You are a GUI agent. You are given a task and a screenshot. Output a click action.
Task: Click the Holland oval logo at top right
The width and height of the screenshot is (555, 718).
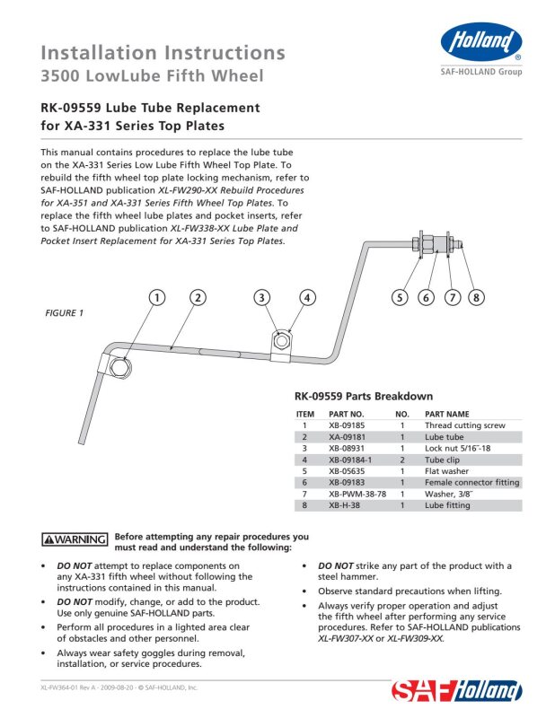tap(481, 41)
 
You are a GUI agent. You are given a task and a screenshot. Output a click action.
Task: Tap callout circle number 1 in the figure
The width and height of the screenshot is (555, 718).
tap(157, 298)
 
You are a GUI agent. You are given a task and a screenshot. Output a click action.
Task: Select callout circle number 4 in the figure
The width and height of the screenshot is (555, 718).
tap(307, 298)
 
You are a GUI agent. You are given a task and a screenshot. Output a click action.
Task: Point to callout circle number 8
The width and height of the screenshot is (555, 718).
tap(476, 298)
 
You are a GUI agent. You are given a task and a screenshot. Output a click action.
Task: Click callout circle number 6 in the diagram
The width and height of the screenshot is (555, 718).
tap(427, 298)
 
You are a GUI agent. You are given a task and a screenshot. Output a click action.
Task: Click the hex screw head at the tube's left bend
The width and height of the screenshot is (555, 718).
tap(120, 367)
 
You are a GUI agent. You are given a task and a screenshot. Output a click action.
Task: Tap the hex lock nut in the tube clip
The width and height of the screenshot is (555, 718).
tap(281, 341)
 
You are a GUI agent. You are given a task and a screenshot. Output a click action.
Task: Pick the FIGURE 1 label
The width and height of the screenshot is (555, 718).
tap(64, 313)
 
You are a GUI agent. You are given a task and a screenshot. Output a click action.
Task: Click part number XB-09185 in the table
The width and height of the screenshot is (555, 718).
tap(347, 425)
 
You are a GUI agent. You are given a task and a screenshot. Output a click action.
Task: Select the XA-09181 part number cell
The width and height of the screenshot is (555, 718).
tap(347, 437)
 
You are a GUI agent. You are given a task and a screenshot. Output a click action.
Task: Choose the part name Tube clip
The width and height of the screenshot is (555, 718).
tap(442, 460)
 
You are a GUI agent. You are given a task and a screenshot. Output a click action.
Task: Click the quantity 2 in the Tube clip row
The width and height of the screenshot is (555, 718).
tap(402, 460)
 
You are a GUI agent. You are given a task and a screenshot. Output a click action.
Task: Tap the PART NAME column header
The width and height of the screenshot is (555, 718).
tap(447, 414)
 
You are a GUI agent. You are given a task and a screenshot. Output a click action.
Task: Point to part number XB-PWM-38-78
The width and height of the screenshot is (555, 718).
tap(357, 495)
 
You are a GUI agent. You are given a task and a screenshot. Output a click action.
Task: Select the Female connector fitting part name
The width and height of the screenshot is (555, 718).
tap(472, 483)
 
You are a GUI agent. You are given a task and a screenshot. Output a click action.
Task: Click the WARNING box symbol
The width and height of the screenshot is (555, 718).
tap(75, 539)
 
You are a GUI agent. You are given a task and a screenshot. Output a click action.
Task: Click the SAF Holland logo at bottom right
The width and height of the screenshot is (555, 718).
tap(456, 691)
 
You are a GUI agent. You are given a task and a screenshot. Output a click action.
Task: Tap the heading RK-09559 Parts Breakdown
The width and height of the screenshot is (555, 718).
tap(364, 396)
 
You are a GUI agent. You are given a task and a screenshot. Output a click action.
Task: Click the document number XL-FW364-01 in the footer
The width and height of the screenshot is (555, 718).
tap(59, 687)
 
